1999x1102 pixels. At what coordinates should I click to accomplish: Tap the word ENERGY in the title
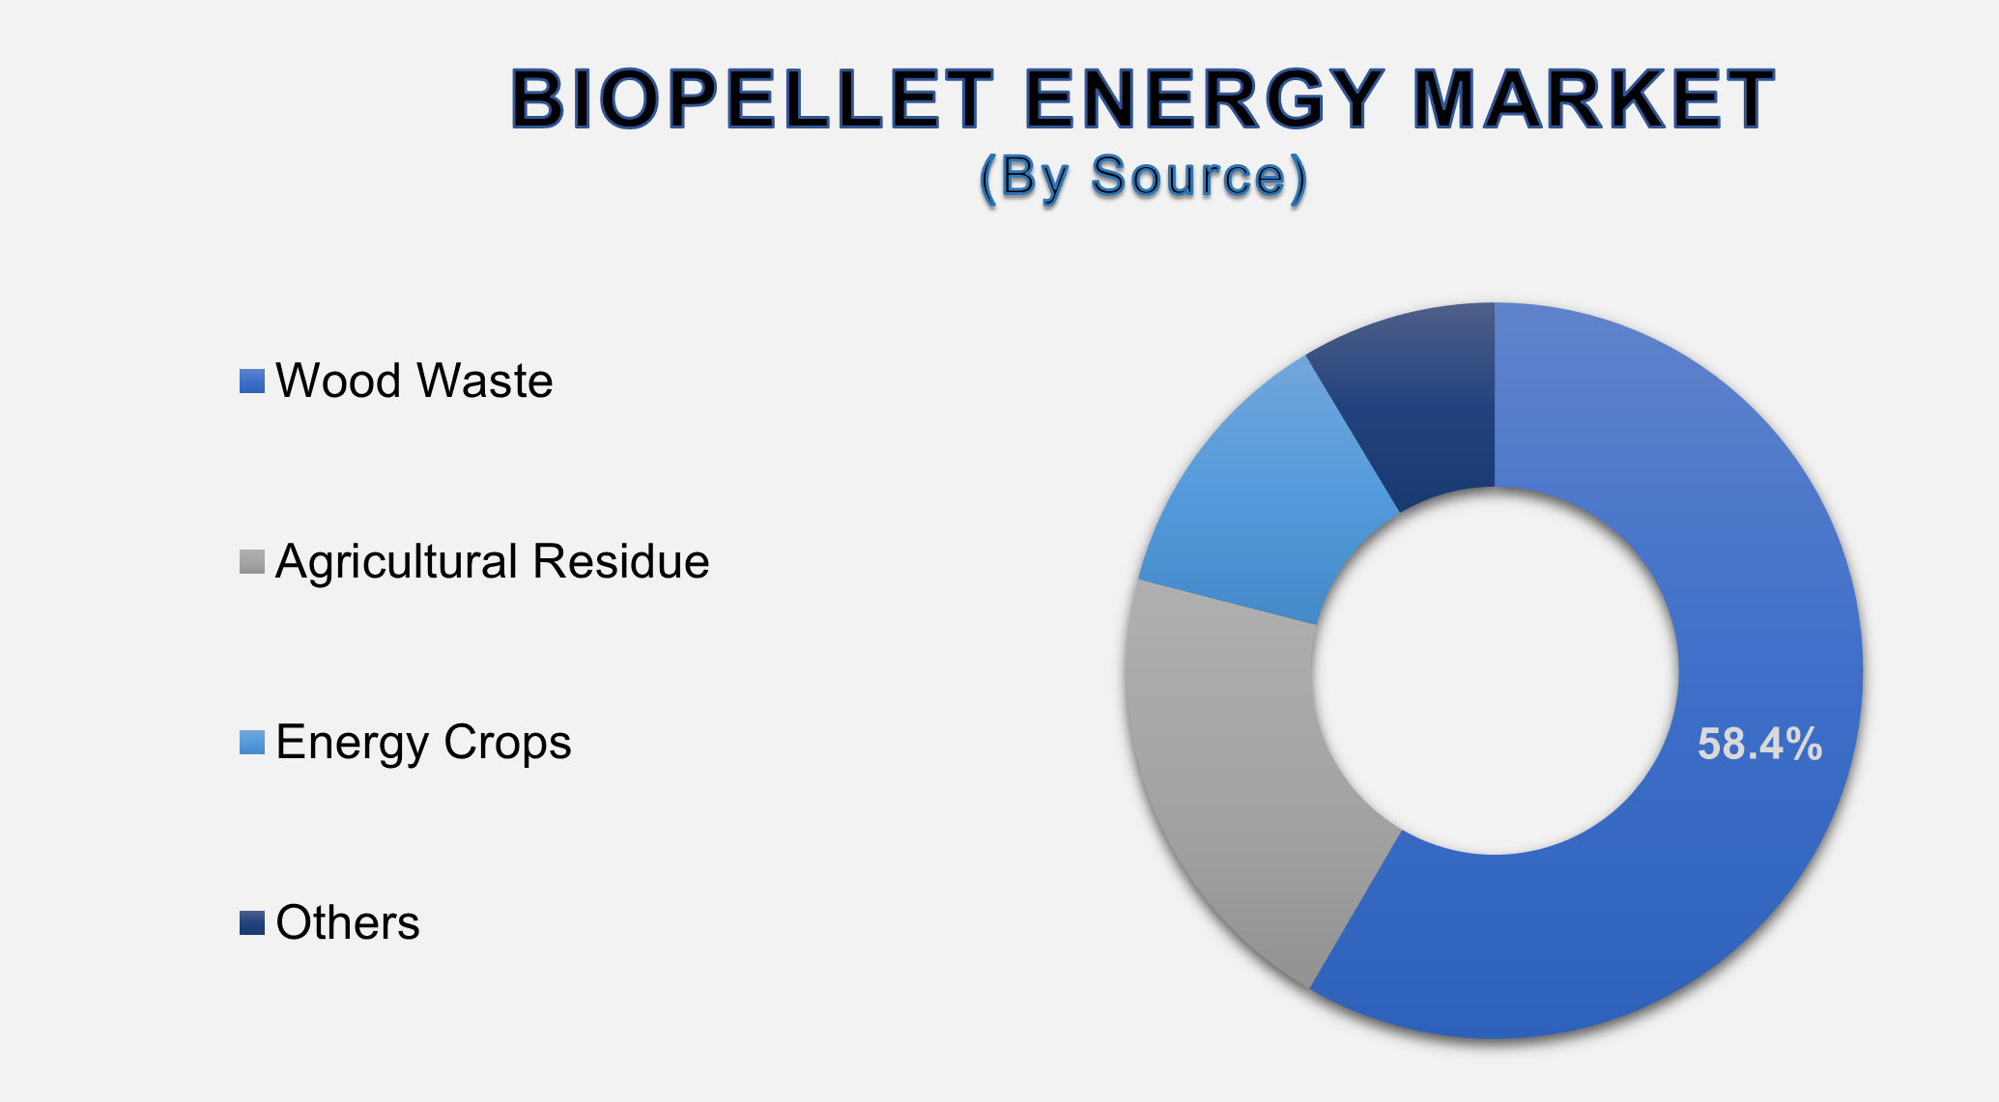(x=1203, y=99)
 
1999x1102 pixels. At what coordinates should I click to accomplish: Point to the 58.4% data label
(x=1759, y=745)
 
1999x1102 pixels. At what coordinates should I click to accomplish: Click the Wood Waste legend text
(x=414, y=381)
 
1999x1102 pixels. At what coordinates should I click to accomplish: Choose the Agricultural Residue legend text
(x=492, y=561)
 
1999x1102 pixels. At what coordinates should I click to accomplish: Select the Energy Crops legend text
(x=423, y=742)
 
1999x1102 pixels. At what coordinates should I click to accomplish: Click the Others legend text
(x=348, y=922)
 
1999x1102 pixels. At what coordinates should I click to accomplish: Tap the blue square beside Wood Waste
(x=252, y=381)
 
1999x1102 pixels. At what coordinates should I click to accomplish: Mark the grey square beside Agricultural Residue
(x=252, y=562)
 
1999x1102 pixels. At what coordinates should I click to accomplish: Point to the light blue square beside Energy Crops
(x=252, y=743)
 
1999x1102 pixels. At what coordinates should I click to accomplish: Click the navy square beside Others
(x=252, y=923)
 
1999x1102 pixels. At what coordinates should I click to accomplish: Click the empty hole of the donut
(x=1495, y=671)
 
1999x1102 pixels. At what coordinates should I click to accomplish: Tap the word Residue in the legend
(x=621, y=561)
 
